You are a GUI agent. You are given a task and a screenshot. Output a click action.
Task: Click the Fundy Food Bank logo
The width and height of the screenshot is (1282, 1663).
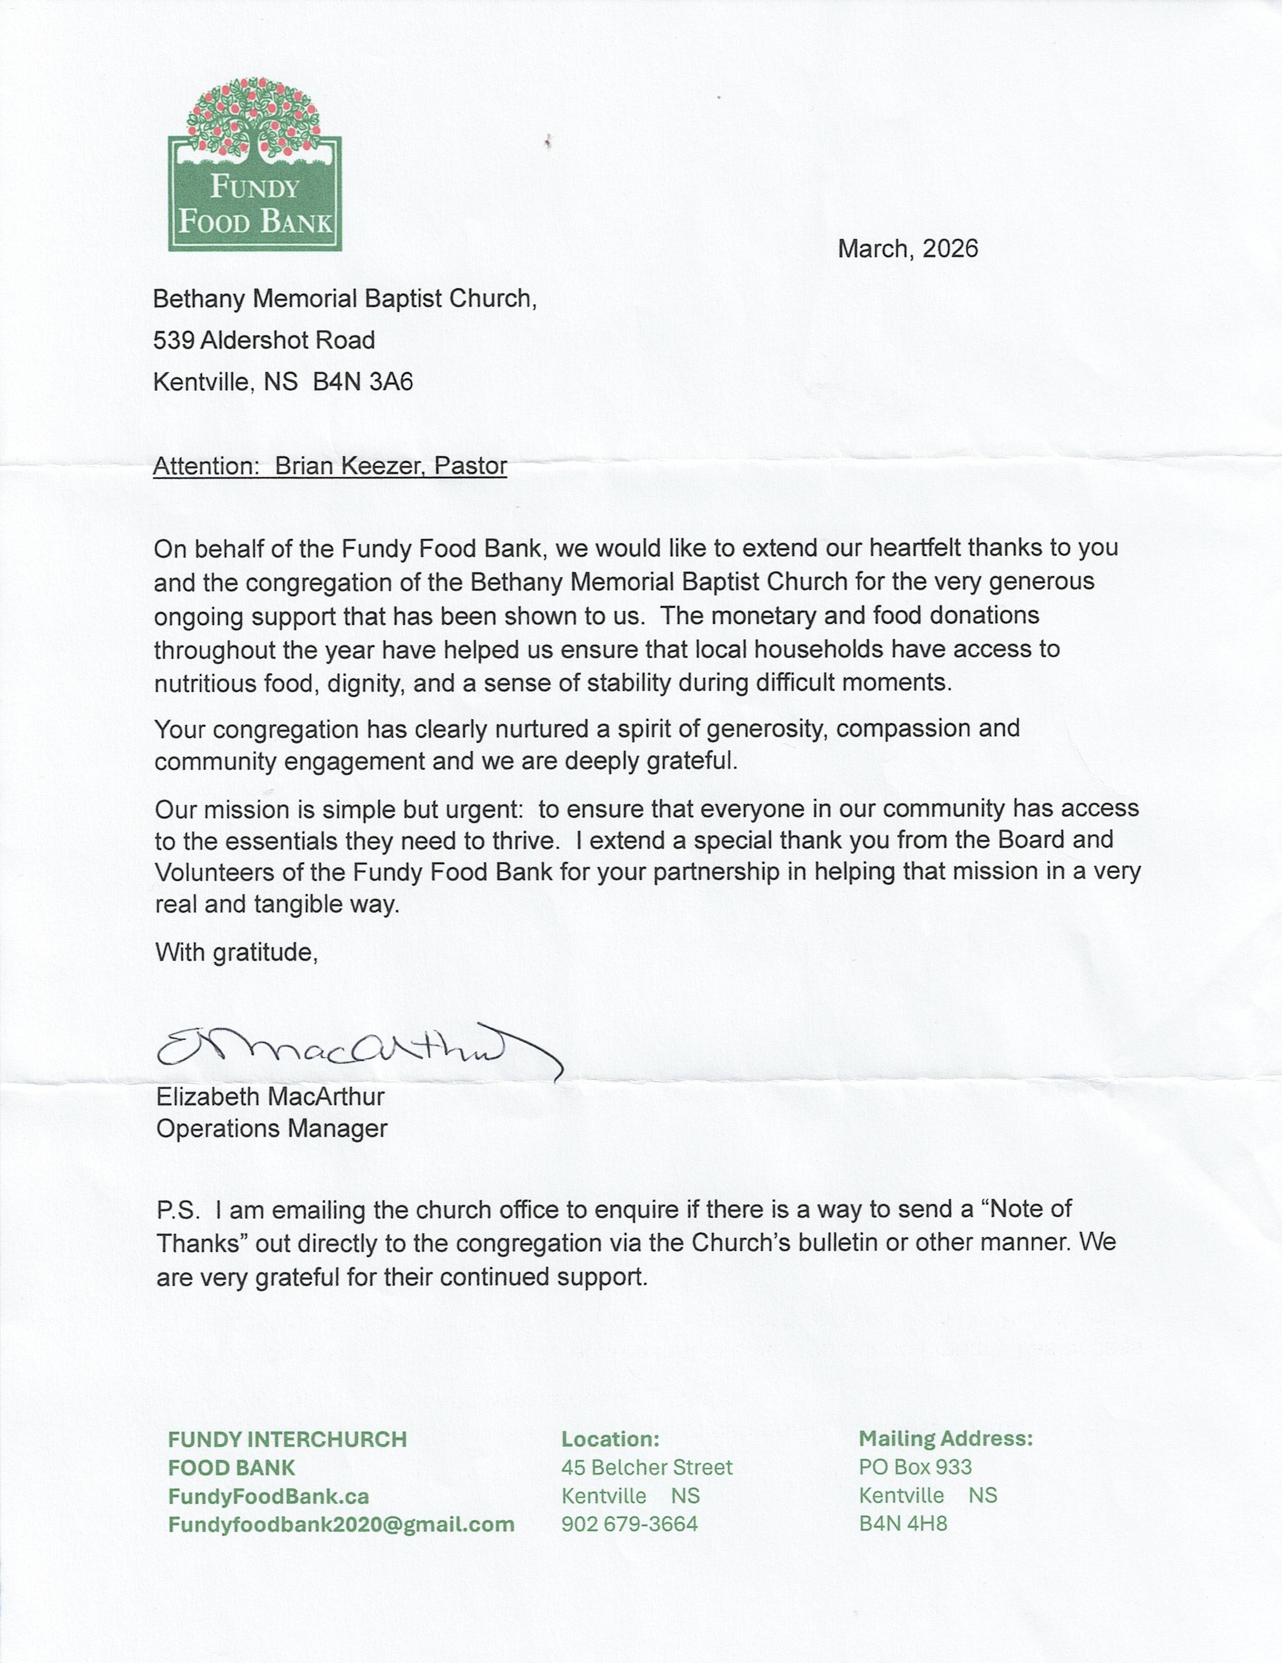point(254,165)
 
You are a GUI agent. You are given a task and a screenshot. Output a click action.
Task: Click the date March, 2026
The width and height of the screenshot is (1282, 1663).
point(907,249)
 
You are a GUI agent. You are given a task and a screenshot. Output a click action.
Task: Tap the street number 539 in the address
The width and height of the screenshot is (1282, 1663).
point(174,340)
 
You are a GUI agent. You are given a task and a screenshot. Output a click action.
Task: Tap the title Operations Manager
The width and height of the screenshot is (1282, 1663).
point(271,1128)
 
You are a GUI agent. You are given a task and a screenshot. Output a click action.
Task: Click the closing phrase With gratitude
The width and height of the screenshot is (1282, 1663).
point(236,952)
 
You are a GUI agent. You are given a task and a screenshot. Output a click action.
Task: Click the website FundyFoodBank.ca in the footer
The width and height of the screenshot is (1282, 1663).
point(268,1496)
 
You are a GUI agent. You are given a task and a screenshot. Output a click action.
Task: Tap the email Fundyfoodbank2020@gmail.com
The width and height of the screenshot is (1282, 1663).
point(341,1524)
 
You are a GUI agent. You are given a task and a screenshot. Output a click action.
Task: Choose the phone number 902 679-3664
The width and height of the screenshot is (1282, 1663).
point(629,1524)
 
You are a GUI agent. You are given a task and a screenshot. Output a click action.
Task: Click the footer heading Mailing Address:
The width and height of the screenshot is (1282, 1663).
point(945,1439)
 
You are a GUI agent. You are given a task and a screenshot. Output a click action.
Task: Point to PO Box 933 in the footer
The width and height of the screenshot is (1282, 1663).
point(915,1467)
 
